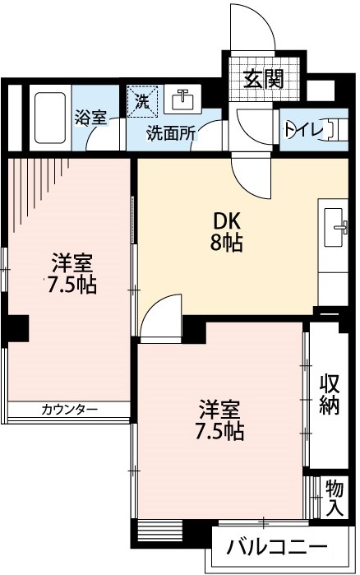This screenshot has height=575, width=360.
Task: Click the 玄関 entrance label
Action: click(263, 79)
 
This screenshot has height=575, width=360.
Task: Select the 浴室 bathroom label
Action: click(90, 117)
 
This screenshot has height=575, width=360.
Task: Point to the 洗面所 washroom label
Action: click(170, 132)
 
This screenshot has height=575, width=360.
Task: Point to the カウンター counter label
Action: click(69, 409)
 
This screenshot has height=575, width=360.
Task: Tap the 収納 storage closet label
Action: click(330, 394)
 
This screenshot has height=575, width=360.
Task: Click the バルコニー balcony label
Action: click(278, 547)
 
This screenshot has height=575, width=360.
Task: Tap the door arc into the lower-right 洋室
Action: click(159, 318)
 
